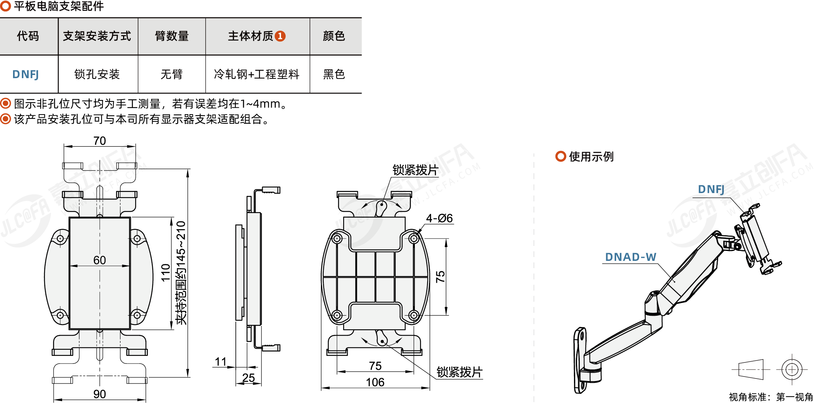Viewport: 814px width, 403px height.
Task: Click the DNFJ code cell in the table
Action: point(26,74)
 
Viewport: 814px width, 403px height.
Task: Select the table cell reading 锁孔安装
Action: point(97,74)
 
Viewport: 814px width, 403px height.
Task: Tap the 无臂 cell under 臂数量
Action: point(171,74)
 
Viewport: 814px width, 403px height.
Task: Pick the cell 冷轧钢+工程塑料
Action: point(257,74)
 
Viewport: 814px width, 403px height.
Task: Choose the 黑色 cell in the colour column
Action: point(334,74)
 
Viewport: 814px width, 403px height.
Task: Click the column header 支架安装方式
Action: point(97,36)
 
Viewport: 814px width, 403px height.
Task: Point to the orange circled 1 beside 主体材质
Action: point(280,36)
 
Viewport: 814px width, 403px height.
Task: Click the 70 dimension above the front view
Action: point(100,141)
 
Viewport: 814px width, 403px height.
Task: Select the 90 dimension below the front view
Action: point(100,394)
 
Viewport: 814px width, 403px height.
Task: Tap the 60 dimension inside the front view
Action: point(100,260)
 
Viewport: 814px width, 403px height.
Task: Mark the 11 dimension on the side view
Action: point(221,362)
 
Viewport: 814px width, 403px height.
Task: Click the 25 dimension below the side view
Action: point(248,378)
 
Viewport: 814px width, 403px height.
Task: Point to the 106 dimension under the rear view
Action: point(375,382)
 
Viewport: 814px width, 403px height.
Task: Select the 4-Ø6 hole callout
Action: point(439,218)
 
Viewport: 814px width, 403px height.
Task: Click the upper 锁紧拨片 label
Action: point(415,170)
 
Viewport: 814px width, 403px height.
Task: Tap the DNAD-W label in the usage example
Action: point(630,257)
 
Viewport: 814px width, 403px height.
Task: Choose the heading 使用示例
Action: point(591,157)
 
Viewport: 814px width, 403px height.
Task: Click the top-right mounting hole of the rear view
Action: point(413,239)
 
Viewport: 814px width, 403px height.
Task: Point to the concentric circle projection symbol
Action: point(792,370)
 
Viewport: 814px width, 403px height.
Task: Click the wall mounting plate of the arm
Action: point(580,360)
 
